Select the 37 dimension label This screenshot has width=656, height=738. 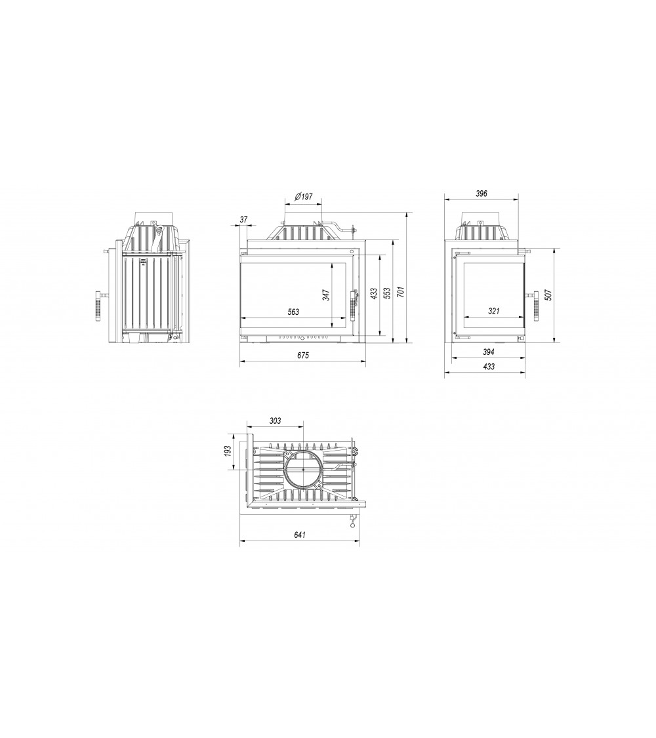[x=243, y=220]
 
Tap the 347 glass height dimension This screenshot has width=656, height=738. [x=325, y=295]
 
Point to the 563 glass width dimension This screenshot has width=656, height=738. [x=293, y=312]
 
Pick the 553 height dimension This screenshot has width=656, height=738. [x=387, y=293]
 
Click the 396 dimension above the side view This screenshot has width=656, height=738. [x=482, y=194]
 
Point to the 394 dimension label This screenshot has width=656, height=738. [x=488, y=352]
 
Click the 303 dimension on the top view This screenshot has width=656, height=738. [x=275, y=420]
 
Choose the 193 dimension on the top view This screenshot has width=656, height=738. [x=228, y=451]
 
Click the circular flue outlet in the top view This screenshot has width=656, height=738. [x=303, y=470]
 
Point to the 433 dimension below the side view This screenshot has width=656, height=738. [x=488, y=367]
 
